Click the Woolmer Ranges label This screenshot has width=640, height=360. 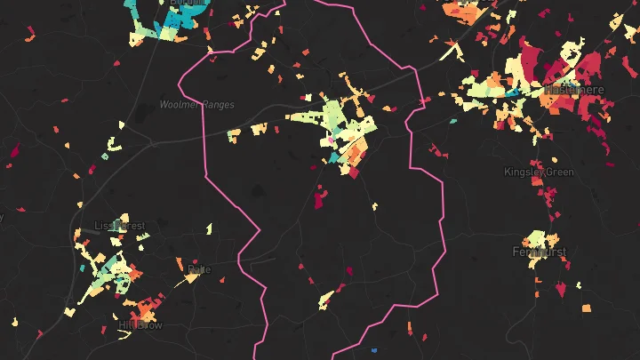pos(197,105)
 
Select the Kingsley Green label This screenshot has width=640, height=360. pos(539,172)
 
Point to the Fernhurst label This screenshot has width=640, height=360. pos(539,252)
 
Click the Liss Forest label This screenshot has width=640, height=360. pos(119,226)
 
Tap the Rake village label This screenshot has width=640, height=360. pos(199,268)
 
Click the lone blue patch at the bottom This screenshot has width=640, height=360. pos(374,349)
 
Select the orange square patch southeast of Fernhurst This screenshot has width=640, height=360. pos(587,308)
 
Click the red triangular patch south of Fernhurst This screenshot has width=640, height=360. pos(560,290)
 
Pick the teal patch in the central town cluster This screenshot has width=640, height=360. pos(334,157)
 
